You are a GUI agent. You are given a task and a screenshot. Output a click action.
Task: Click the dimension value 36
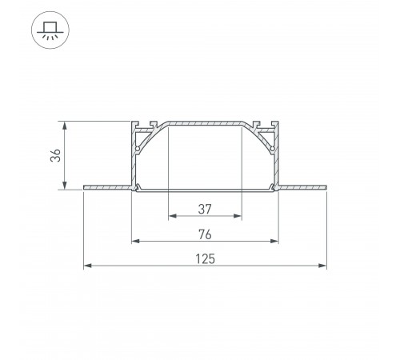tap(56, 155)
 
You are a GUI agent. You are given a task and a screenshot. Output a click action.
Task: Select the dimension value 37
tap(205, 210)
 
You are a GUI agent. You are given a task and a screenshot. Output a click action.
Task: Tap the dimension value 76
tap(205, 234)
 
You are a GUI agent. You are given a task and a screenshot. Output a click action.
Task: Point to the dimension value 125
tap(205, 259)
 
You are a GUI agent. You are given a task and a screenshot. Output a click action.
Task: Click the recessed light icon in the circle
tap(50, 30)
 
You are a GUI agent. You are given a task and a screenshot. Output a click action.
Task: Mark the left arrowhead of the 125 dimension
tap(88, 266)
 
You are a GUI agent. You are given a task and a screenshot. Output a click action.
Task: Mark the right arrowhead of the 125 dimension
tap(322, 266)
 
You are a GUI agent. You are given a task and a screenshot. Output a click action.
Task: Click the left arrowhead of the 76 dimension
tap(136, 241)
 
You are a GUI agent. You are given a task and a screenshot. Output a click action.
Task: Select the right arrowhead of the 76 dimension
tap(274, 241)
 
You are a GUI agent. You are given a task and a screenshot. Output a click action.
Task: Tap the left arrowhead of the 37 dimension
tap(173, 216)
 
